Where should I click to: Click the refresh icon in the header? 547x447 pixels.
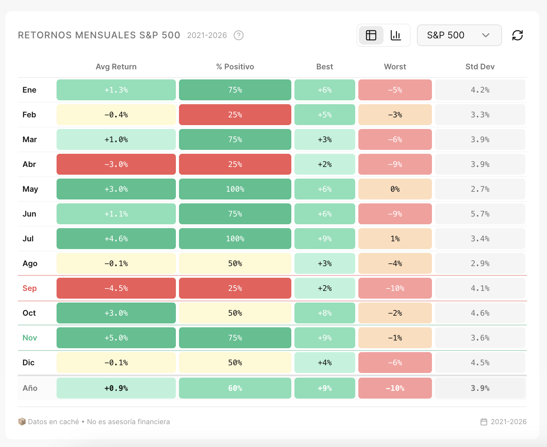click(x=517, y=35)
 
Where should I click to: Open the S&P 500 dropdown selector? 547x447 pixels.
click(x=459, y=35)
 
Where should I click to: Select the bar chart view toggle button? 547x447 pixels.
click(x=396, y=35)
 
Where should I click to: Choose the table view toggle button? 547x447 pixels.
click(x=371, y=35)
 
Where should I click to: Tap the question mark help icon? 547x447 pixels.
click(x=239, y=35)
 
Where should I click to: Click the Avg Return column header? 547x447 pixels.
click(x=116, y=67)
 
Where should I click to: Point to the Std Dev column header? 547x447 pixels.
click(x=480, y=67)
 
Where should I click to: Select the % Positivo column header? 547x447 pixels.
click(x=235, y=67)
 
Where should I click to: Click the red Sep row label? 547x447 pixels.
click(x=29, y=288)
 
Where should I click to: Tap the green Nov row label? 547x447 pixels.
click(x=29, y=338)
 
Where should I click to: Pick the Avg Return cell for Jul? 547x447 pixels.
click(x=116, y=239)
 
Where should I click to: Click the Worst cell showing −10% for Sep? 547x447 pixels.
click(x=395, y=288)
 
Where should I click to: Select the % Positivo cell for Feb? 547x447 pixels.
click(x=235, y=115)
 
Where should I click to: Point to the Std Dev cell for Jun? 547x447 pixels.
click(x=480, y=214)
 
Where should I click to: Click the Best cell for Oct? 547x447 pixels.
click(x=325, y=313)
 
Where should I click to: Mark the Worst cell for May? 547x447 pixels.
click(x=395, y=189)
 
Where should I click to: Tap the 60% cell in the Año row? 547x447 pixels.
click(x=235, y=388)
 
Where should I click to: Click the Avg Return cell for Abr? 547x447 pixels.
click(x=116, y=164)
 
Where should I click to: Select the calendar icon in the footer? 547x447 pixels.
click(x=484, y=422)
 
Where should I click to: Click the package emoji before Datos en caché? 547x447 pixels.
click(x=22, y=421)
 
